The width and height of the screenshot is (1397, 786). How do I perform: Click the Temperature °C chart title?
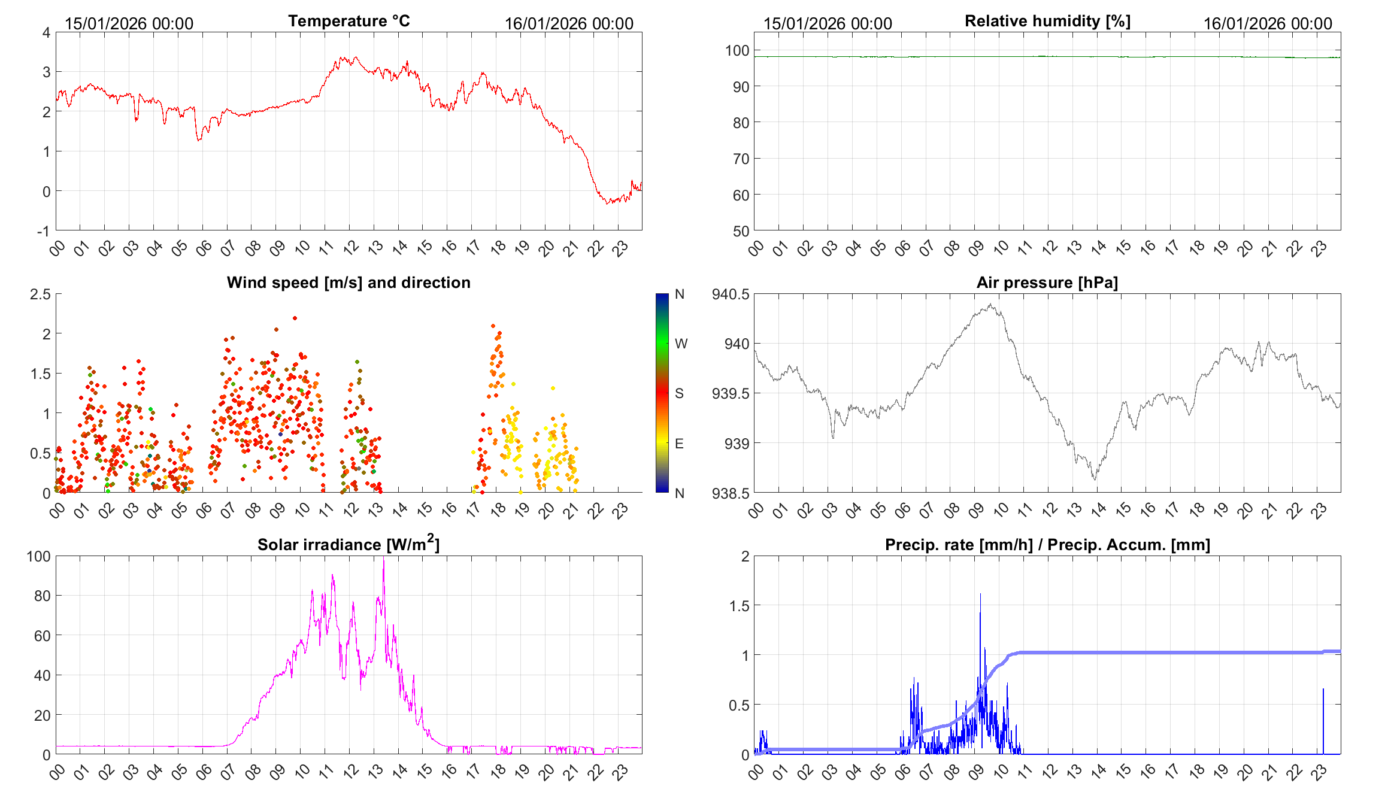click(349, 21)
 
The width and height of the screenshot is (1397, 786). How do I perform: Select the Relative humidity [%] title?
click(1047, 21)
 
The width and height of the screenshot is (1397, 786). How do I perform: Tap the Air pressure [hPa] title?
click(1047, 283)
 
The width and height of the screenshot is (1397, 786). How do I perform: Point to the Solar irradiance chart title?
click(349, 544)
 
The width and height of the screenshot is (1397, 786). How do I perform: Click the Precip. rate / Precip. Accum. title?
click(1047, 545)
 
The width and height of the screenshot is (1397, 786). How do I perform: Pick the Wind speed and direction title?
click(349, 283)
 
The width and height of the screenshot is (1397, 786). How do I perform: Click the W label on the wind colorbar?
click(681, 344)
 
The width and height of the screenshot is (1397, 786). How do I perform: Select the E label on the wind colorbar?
click(679, 444)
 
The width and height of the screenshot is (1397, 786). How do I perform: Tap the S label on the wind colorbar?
click(679, 393)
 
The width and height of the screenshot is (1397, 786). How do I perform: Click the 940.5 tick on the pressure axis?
click(731, 294)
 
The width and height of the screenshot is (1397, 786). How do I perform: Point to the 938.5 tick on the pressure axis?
click(731, 493)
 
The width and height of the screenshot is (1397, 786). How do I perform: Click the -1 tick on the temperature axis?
click(43, 231)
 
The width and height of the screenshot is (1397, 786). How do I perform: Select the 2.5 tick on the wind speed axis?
click(41, 294)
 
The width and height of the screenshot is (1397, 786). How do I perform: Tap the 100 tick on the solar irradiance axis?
click(38, 556)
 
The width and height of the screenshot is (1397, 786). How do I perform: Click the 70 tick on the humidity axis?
click(741, 159)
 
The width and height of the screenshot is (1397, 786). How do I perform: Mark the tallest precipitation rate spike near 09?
click(980, 595)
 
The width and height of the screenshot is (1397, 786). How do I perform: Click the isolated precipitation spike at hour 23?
click(1323, 690)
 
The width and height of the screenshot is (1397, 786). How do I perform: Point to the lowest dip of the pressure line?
click(1095, 479)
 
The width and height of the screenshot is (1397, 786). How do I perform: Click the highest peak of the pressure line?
click(991, 305)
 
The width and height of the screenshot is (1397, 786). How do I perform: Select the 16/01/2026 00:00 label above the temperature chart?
click(569, 23)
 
